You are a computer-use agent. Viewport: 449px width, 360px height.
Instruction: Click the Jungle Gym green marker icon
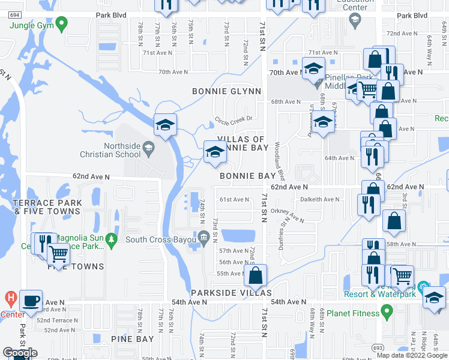click(61, 25)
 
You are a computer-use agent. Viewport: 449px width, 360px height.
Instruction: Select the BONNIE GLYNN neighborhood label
click(226, 91)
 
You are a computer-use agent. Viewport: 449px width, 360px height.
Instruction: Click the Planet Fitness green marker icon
click(387, 311)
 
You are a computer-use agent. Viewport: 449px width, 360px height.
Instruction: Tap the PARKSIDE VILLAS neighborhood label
click(231, 293)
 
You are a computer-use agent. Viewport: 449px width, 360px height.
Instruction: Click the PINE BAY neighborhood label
click(133, 339)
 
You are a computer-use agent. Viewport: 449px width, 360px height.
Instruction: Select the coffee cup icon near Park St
click(30, 301)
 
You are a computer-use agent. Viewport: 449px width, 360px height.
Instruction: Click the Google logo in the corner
click(19, 353)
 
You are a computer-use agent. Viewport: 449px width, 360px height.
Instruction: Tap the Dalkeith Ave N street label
click(319, 199)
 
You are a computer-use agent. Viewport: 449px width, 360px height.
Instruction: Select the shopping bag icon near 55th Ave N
click(256, 277)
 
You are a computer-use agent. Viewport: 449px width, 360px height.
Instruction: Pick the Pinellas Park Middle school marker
click(317, 82)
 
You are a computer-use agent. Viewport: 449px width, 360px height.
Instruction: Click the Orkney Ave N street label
click(288, 215)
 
